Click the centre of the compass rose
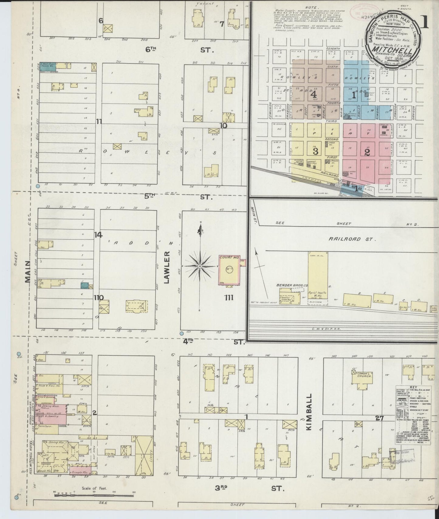tap(200, 266)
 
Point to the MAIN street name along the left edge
tap(28, 272)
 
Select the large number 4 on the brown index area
tap(314, 94)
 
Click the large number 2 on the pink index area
tap(367, 152)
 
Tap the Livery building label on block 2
tap(143, 460)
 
